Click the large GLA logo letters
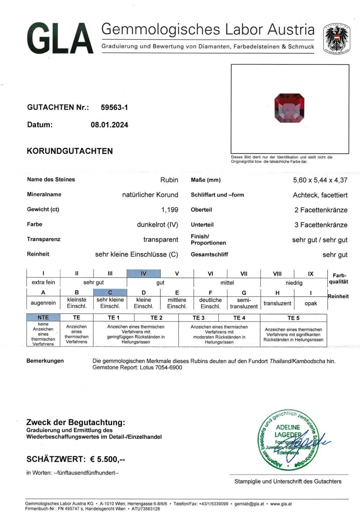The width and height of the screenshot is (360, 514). coord(60,38)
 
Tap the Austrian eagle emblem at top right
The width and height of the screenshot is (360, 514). coord(337,38)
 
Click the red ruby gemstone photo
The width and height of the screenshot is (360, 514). coord(289,108)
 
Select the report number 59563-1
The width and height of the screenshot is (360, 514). coord(114,107)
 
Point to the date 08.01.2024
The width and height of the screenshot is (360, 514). coord(109,125)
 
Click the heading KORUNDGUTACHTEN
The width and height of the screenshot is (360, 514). coord(70,151)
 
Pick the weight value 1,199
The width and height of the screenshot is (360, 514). coord(170,210)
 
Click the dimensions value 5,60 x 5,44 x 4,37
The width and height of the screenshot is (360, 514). coord(320,180)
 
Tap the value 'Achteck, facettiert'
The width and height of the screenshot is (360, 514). coord(320,195)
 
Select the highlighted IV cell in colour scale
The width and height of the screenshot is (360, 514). coord(144,274)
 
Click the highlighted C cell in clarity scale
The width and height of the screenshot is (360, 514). coord(110,292)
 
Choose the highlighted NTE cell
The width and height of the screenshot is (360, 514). coord(43,317)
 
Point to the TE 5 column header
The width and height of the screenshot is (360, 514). coord(293,318)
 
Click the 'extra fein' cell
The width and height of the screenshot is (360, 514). coord(43,282)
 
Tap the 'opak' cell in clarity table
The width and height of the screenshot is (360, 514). coord(311,303)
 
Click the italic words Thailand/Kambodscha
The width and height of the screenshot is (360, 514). coord(297,361)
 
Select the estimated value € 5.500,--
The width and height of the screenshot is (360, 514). coord(108,459)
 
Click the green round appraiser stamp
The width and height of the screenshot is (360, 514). coord(288,440)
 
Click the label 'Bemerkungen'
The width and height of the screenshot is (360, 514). coord(45,361)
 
